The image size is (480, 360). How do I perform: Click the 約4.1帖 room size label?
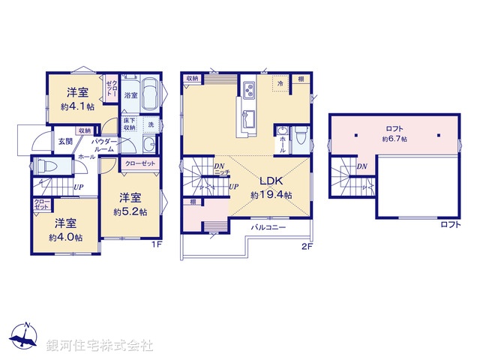(77, 107)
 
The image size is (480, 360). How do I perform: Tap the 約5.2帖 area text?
(130, 212)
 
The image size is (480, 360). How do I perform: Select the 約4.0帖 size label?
(66, 237)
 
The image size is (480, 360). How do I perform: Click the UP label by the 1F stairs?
(79, 187)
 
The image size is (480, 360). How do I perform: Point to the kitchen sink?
(249, 118)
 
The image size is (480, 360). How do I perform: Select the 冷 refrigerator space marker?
(280, 84)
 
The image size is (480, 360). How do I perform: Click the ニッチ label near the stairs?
(221, 173)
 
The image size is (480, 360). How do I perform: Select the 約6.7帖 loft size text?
(394, 139)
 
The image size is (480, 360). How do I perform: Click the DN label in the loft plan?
(361, 166)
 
